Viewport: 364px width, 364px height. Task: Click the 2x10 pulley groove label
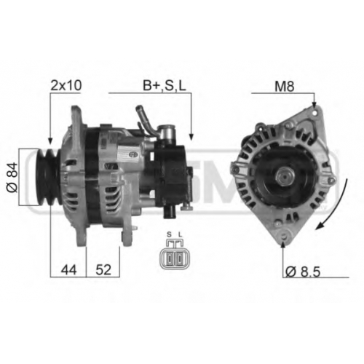click(x=66, y=85)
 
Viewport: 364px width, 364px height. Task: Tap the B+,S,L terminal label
click(x=165, y=86)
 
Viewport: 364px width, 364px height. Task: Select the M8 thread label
click(x=285, y=86)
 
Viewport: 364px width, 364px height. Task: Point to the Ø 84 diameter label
click(x=12, y=178)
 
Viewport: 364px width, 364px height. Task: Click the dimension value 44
click(x=68, y=270)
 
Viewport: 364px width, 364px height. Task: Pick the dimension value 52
click(x=103, y=269)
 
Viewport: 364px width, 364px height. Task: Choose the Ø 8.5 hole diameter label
click(x=303, y=272)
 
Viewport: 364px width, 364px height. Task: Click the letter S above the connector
click(x=169, y=234)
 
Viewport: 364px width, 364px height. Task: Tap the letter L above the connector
click(x=180, y=234)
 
